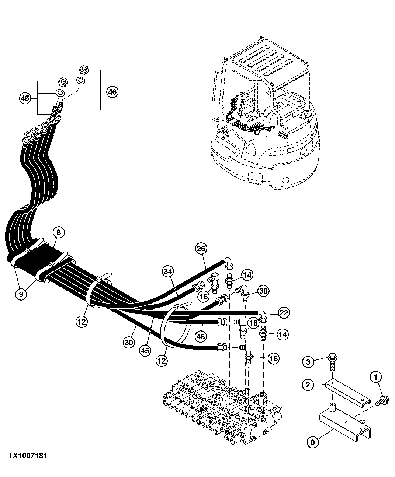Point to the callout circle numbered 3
tap(309, 362)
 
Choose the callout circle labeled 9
tap(21, 294)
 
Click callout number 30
tap(129, 342)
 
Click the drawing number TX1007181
tap(28, 456)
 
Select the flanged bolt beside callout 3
tap(332, 361)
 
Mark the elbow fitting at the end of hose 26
tap(228, 263)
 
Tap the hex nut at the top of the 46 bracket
tap(83, 69)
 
